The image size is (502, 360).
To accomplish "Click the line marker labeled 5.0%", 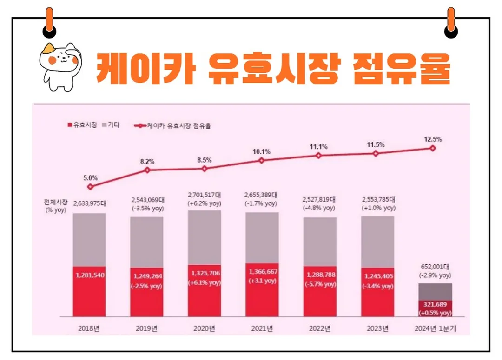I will pyautogui.click(x=90, y=187).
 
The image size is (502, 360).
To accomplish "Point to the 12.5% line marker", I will pyautogui.click(x=433, y=148).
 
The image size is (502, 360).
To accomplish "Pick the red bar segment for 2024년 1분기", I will pyautogui.click(x=435, y=308).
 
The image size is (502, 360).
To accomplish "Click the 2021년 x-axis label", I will pyautogui.click(x=262, y=329).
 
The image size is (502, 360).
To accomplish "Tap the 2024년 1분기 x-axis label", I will pyautogui.click(x=435, y=329).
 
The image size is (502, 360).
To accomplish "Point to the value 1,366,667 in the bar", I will pyautogui.click(x=262, y=272).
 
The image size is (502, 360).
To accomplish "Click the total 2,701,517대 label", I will pyautogui.click(x=205, y=195).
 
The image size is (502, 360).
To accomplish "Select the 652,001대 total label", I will pyautogui.click(x=435, y=267).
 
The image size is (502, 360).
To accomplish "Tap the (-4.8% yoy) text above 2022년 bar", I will pyautogui.click(x=319, y=209).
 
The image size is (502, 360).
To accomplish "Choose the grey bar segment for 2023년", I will pyautogui.click(x=377, y=242).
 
